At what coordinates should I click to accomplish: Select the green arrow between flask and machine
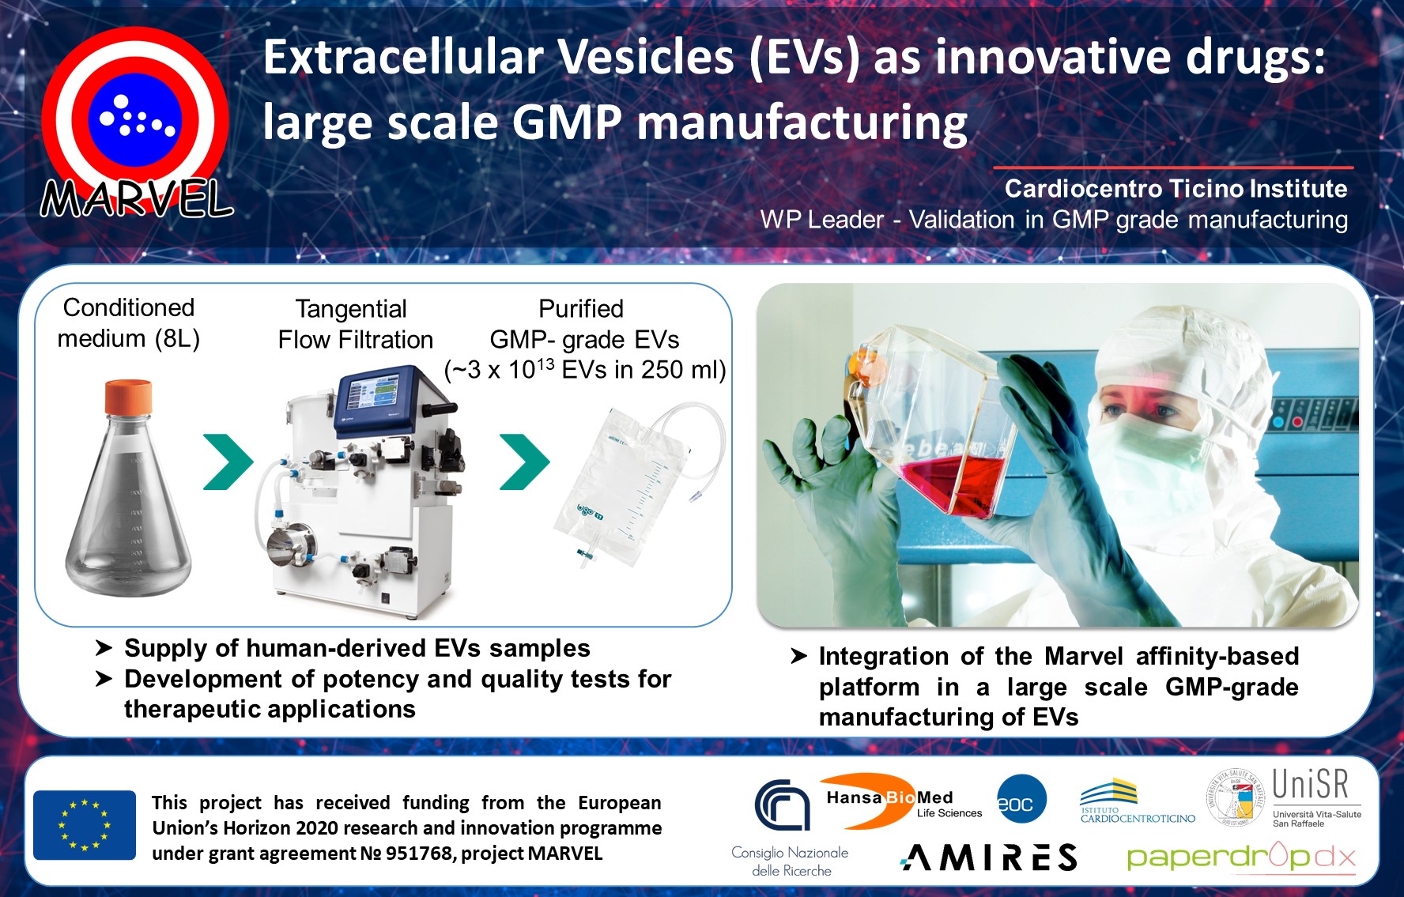pos(228,462)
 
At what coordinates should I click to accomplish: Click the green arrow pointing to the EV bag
pos(525,462)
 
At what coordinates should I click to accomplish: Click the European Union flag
pos(85,825)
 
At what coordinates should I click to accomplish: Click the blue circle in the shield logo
pos(135,120)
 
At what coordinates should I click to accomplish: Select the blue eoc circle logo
pos(1021,799)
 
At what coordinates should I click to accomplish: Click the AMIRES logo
pos(989,857)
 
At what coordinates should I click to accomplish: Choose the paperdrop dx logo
pos(1240,857)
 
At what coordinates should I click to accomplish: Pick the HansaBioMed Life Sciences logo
pos(901,801)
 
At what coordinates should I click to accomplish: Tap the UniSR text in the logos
pos(1310,785)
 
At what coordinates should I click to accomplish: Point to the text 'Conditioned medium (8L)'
pos(129,322)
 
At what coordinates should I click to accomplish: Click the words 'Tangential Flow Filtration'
pos(355,324)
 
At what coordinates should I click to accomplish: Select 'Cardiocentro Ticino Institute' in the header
pos(1176,189)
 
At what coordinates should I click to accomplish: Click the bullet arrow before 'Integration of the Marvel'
pos(798,656)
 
